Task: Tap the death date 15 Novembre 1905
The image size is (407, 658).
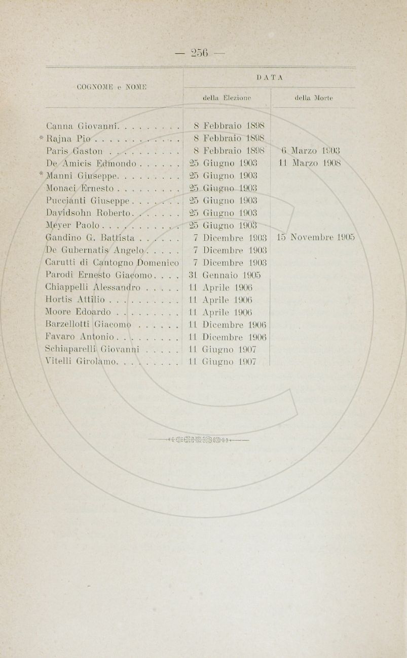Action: (x=315, y=237)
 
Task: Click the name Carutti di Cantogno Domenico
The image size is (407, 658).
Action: (x=113, y=263)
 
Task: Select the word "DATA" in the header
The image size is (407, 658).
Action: (x=269, y=77)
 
